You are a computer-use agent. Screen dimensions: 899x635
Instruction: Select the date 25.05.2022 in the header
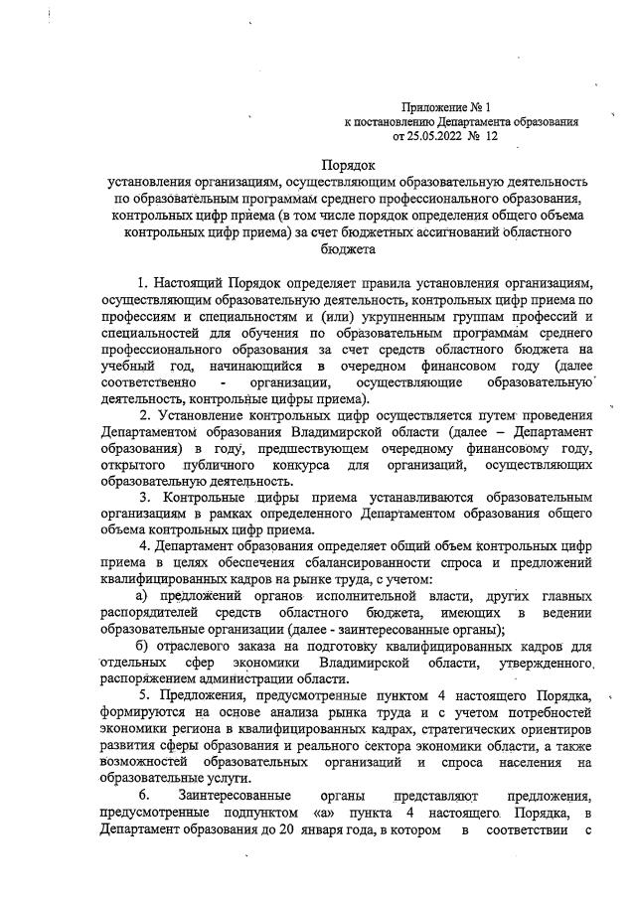pos(437,136)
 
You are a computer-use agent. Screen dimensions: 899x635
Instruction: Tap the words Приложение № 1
pos(446,105)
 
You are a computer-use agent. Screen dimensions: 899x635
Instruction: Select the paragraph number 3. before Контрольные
pos(144,495)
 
